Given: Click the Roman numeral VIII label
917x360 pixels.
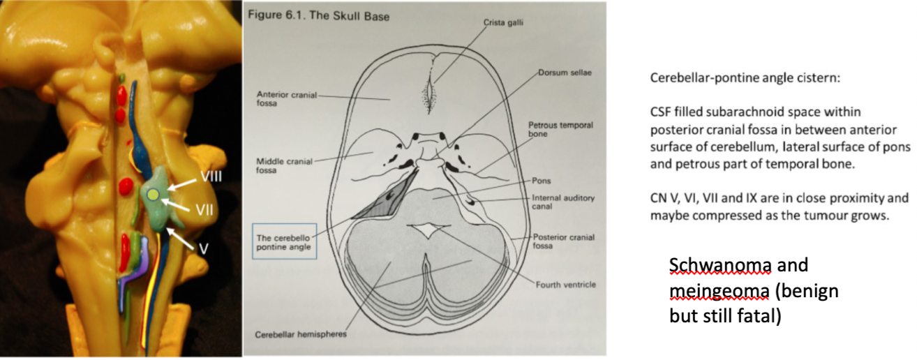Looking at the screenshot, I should click(211, 177).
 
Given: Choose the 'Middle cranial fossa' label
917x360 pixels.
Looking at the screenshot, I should click(277, 165).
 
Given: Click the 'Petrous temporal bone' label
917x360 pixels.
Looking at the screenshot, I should click(560, 130).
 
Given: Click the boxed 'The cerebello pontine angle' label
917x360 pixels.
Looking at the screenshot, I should click(283, 242).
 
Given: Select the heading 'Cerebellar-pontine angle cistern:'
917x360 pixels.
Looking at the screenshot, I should click(746, 79).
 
